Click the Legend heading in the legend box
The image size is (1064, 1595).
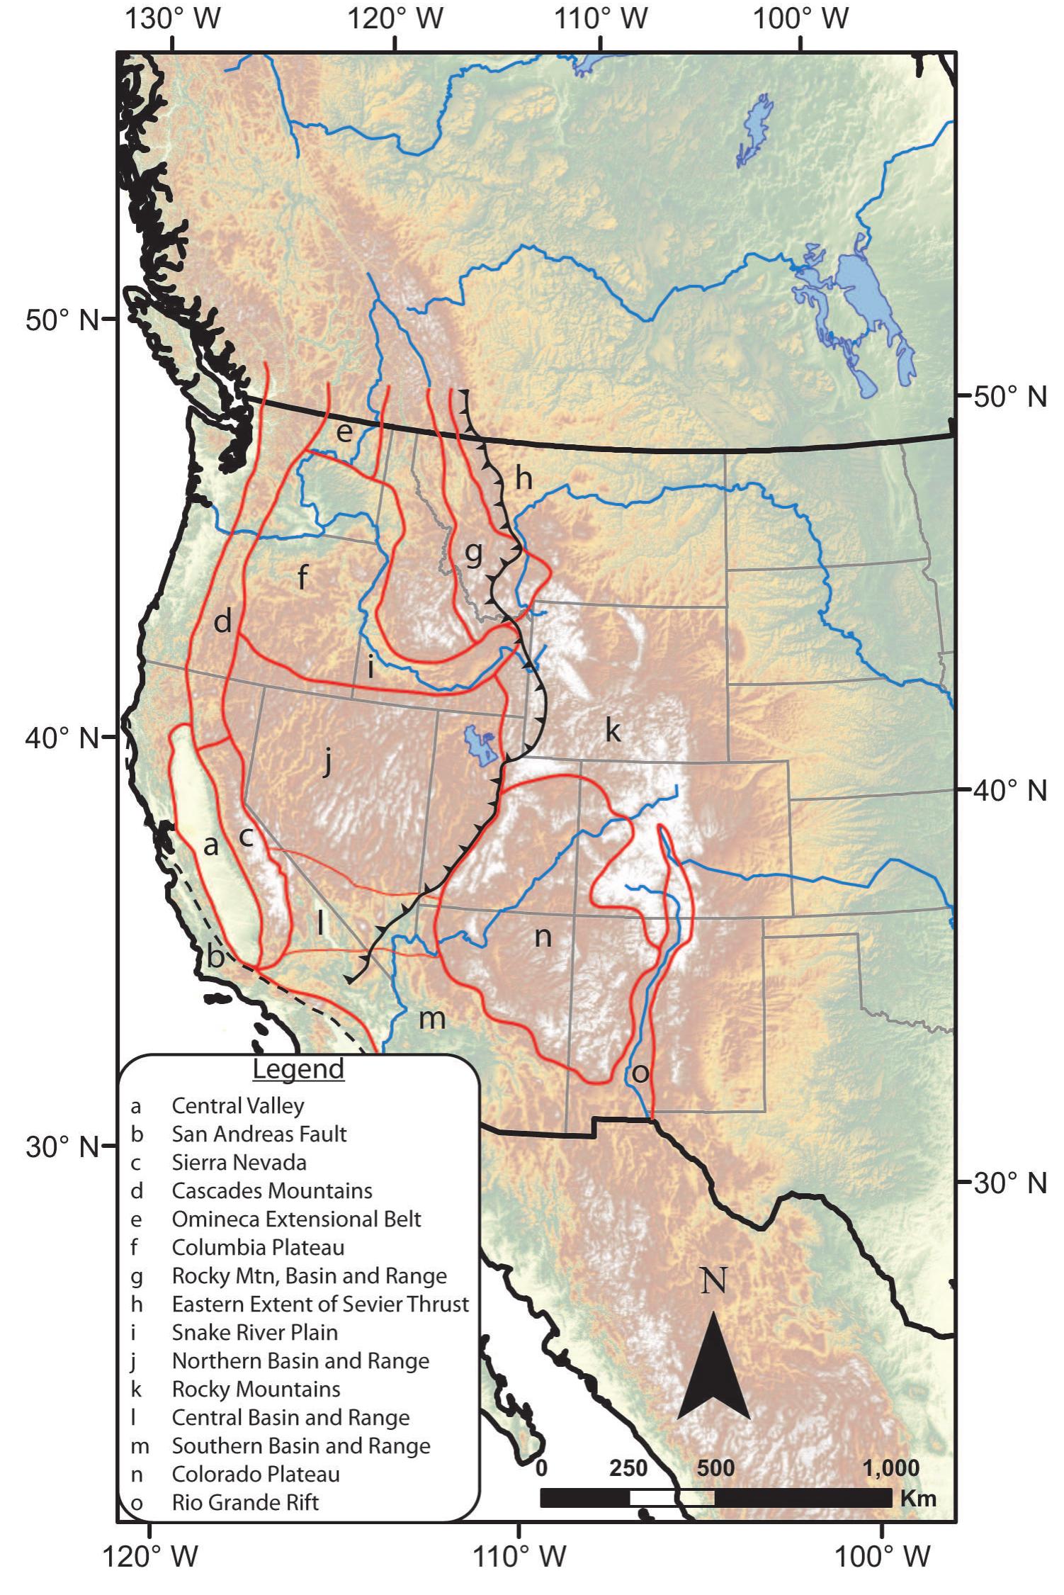tap(298, 1069)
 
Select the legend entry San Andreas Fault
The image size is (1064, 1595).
tap(259, 1134)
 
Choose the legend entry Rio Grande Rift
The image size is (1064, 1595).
tap(245, 1502)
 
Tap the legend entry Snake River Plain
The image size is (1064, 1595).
tap(254, 1332)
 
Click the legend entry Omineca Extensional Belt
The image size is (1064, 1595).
tap(296, 1219)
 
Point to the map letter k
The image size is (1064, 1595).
tap(613, 729)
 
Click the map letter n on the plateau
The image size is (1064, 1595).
tap(543, 937)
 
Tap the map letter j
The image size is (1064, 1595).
tap(327, 762)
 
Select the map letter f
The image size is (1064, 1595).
tap(302, 577)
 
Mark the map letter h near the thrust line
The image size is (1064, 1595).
tap(523, 478)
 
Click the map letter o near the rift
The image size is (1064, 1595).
tap(640, 1073)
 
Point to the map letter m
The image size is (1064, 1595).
tap(431, 1019)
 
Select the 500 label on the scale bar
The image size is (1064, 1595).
tap(715, 1467)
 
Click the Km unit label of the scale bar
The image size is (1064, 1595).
tap(918, 1498)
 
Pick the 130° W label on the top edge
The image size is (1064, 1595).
tap(173, 19)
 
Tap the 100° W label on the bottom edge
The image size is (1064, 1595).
tap(881, 1557)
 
